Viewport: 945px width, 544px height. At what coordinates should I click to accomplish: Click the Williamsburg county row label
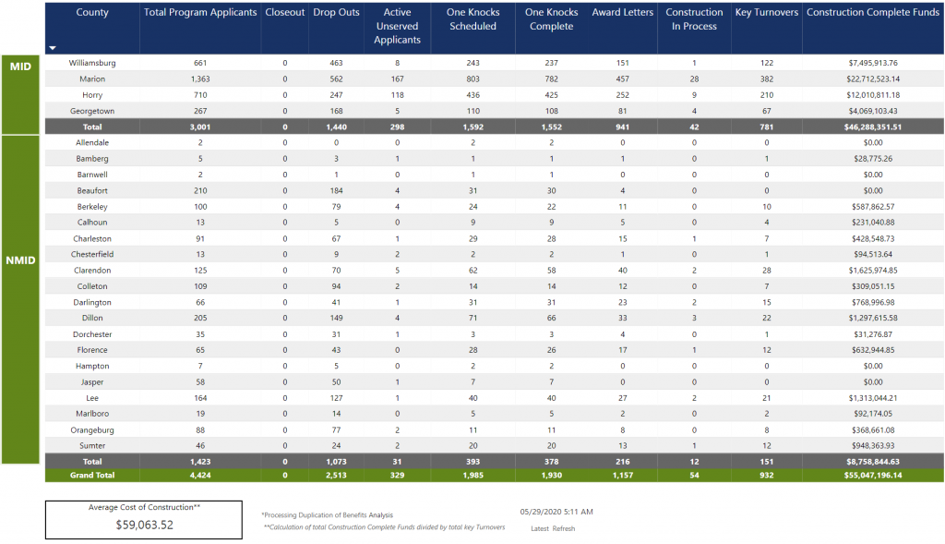coord(92,63)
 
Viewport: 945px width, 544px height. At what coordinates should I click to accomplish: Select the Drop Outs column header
coord(336,12)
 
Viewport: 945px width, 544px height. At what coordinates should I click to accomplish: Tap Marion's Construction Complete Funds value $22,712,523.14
coord(873,79)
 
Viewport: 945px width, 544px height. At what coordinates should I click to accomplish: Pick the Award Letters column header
coord(623,12)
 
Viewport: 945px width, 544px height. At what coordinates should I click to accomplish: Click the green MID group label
coord(20,66)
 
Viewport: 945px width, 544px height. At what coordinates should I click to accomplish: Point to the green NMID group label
coord(20,260)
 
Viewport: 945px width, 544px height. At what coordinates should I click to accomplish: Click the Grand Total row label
coord(92,476)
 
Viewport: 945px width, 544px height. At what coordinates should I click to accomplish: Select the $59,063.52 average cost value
coord(145,525)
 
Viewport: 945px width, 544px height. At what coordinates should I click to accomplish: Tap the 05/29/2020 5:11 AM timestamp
coord(556,512)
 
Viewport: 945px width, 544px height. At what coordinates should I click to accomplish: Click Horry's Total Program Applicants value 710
coord(200,95)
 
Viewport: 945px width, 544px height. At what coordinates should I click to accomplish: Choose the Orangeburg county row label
coord(92,430)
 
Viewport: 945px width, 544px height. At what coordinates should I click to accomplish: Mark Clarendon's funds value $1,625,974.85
coord(873,271)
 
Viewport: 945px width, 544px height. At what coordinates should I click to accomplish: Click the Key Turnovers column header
coord(767,12)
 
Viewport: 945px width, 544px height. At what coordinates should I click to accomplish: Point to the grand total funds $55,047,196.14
coord(873,476)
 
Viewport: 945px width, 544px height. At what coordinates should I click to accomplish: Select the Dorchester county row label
coord(92,334)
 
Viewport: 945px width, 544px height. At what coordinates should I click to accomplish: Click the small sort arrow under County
coord(53,48)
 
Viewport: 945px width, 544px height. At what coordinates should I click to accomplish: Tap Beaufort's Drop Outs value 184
coord(336,190)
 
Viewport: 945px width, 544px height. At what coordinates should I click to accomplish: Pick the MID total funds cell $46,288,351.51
coord(873,127)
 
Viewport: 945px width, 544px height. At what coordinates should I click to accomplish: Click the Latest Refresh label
coord(553,529)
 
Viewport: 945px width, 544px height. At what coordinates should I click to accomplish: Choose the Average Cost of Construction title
coord(144,507)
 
